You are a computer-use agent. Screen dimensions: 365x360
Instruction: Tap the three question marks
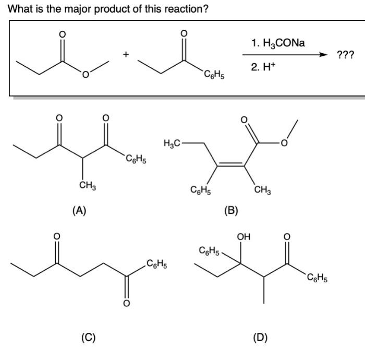(346, 55)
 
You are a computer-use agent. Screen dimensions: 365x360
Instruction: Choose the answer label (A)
(79, 210)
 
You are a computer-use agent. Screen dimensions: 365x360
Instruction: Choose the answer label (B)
(230, 210)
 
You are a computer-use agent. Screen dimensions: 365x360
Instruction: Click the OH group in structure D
(243, 238)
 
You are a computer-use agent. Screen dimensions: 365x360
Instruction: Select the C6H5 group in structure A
(135, 159)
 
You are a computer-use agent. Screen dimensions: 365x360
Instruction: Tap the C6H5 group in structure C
(156, 263)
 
